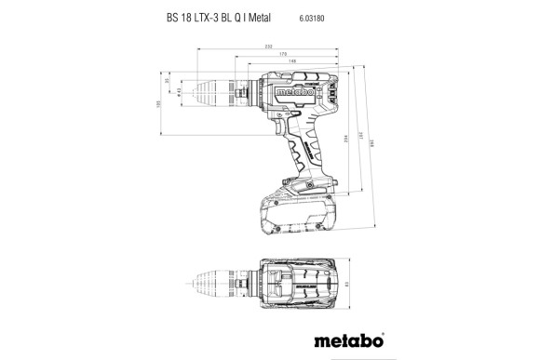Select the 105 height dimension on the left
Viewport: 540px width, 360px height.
tap(158, 105)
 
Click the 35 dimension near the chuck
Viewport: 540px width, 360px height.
tap(168, 82)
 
